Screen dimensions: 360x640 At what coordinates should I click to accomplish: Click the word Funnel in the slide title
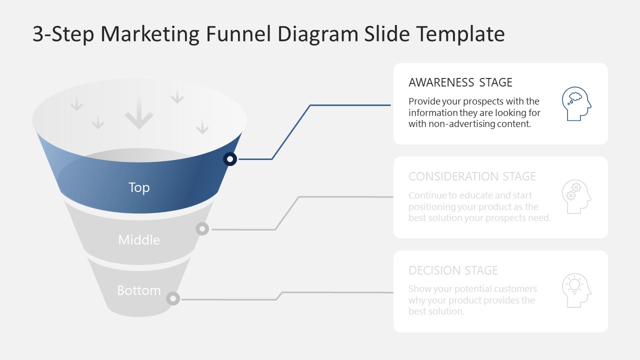[239, 34]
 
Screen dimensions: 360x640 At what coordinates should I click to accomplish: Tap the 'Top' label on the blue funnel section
[139, 187]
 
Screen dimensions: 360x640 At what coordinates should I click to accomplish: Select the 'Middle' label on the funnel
[139, 240]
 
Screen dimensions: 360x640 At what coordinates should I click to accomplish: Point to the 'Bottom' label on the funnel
[139, 290]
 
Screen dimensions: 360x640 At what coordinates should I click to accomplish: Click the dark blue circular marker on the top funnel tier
[230, 159]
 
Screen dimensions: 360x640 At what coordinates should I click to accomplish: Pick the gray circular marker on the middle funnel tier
[202, 229]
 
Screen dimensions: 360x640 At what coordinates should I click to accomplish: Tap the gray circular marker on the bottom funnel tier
[173, 298]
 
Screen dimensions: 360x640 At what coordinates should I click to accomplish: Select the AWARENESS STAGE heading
[460, 82]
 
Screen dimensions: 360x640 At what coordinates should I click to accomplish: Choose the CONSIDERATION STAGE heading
[472, 176]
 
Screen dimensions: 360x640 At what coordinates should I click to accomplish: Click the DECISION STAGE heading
[453, 270]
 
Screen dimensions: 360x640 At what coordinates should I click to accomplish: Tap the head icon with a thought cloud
[576, 104]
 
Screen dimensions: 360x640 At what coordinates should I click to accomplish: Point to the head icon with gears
[576, 197]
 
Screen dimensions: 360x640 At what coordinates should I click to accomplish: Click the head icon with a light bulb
[576, 290]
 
